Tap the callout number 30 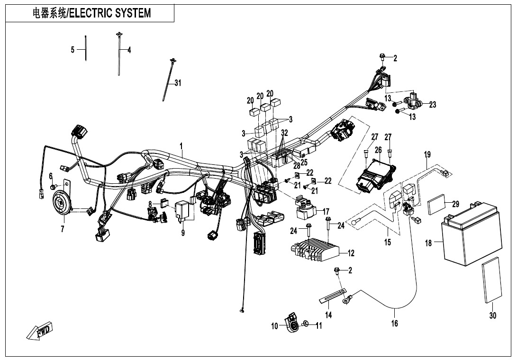pyautogui.click(x=493, y=316)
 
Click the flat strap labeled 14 pyautogui.click(x=334, y=296)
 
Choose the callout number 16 pyautogui.click(x=394, y=324)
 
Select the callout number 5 pyautogui.click(x=73, y=50)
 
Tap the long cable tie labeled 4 pyautogui.click(x=118, y=52)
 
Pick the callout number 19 pyautogui.click(x=427, y=154)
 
